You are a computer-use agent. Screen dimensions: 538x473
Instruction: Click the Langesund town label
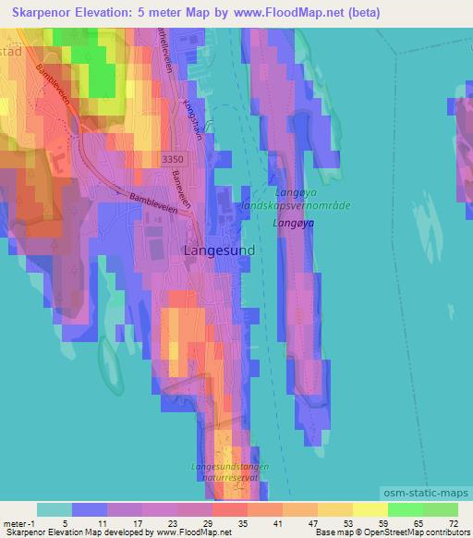pyautogui.click(x=219, y=250)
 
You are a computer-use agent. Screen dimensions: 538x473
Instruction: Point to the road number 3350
pyautogui.click(x=173, y=160)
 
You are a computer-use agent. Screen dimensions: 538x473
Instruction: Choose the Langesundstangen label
pyautogui.click(x=232, y=468)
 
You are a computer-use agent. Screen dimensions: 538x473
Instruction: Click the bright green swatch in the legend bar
pyautogui.click(x=405, y=508)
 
